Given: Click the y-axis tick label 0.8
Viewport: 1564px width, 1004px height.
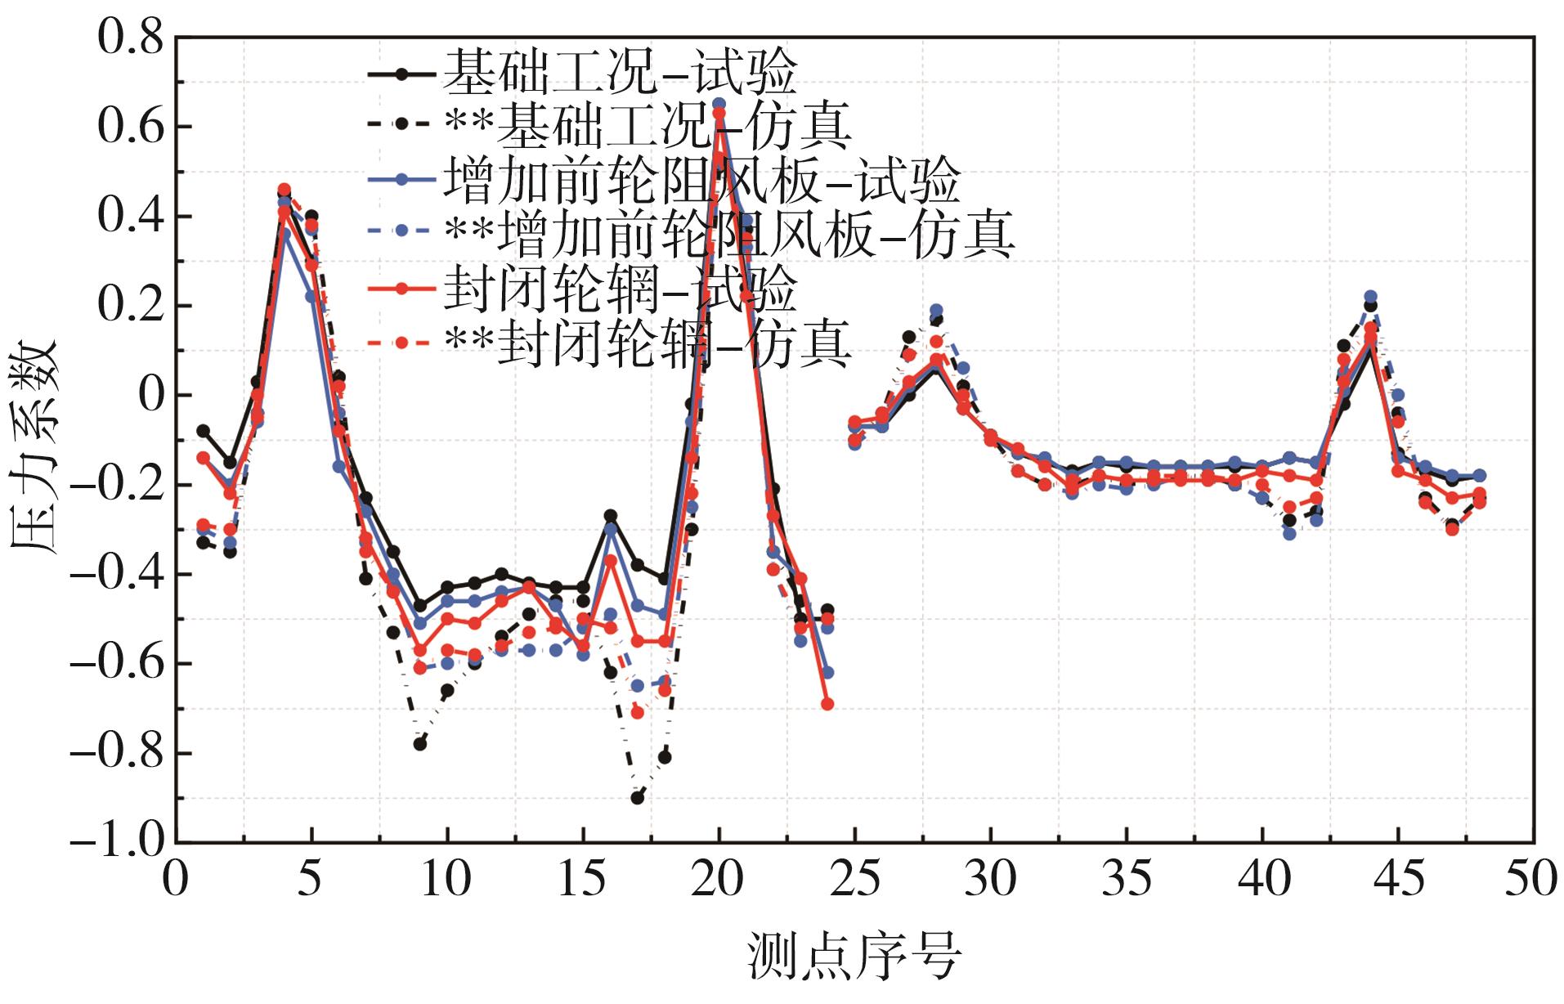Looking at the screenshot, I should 131,38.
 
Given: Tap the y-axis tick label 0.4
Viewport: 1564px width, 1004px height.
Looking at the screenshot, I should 131,217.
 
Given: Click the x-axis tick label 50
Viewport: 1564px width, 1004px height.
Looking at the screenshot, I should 1531,880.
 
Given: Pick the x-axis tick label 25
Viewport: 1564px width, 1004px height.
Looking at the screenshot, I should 854,880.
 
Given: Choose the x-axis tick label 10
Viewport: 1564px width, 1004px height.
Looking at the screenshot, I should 446,880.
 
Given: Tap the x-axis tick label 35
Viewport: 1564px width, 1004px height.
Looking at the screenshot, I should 1126,880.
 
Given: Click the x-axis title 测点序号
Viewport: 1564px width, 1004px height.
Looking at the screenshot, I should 854,955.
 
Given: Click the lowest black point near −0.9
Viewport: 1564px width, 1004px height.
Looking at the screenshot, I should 638,797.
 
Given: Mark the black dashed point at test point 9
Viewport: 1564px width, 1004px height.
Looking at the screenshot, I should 420,744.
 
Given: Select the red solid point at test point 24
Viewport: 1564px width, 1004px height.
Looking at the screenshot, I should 827,704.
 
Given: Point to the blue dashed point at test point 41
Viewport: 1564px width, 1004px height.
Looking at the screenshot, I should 1289,534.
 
